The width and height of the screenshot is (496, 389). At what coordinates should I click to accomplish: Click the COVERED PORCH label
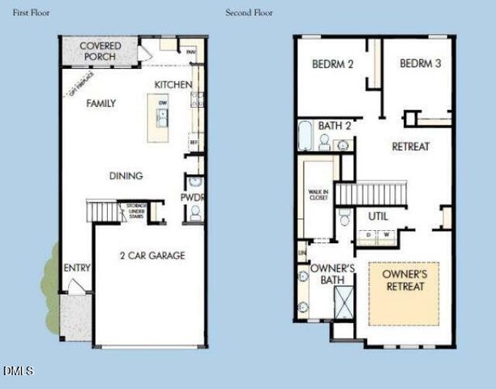(x=100, y=52)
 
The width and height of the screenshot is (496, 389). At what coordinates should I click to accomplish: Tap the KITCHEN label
(x=173, y=84)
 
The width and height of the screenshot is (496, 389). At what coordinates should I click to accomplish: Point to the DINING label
(x=126, y=176)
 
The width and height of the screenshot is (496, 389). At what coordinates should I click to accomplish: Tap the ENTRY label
(x=77, y=268)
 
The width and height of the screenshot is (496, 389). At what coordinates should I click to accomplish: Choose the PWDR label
(x=193, y=198)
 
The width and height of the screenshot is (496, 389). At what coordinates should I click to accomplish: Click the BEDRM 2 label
(x=332, y=64)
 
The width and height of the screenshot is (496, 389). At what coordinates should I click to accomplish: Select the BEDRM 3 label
(x=420, y=64)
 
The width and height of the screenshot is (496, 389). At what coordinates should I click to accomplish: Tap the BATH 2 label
(x=335, y=126)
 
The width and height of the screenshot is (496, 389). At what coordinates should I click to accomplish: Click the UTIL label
(x=378, y=216)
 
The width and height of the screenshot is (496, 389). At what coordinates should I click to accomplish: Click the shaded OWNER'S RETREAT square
(x=404, y=293)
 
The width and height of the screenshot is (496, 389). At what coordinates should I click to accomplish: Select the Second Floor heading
(x=249, y=13)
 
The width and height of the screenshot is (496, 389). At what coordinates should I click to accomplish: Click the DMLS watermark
(x=18, y=371)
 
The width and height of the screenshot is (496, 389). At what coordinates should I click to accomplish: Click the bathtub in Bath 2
(x=305, y=135)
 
